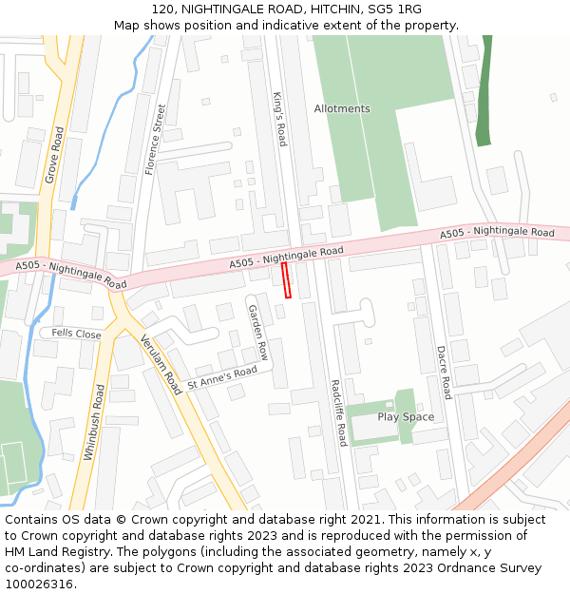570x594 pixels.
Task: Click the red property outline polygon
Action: click(x=287, y=280)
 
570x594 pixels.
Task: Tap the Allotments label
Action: click(x=342, y=108)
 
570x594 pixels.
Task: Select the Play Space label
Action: click(x=406, y=417)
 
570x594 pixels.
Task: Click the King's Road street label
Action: click(x=279, y=119)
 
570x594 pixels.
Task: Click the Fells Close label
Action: click(x=76, y=334)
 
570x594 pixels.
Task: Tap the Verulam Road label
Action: click(x=161, y=364)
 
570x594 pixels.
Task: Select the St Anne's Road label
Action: click(x=222, y=377)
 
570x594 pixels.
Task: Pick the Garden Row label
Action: click(x=258, y=333)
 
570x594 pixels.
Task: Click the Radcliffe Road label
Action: click(x=337, y=412)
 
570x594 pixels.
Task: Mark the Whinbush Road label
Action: click(x=92, y=422)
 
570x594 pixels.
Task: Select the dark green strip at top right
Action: click(x=484, y=90)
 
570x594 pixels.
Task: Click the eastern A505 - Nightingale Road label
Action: click(x=497, y=233)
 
